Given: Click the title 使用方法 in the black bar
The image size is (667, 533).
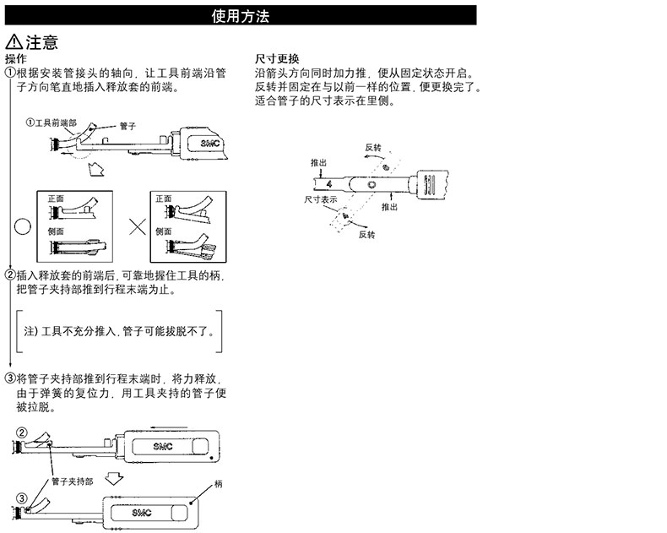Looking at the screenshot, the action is (x=241, y=16).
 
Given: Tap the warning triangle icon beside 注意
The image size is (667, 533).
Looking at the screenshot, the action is (x=14, y=41).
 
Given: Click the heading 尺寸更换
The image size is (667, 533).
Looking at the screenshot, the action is (x=277, y=59).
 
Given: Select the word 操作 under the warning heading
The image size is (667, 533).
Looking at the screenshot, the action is (x=16, y=59).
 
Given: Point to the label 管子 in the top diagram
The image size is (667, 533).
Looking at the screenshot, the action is (x=127, y=126).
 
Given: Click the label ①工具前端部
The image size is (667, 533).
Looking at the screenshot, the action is (x=52, y=123).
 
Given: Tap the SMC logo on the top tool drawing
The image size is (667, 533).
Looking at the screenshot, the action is (x=210, y=144).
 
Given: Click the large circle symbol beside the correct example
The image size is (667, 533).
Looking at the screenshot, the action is (x=23, y=226).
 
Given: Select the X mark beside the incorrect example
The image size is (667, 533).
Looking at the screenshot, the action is (x=138, y=226).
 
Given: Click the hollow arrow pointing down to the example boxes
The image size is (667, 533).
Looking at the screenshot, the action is (x=95, y=169).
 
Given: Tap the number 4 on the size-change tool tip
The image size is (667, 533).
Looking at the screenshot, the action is (x=328, y=184).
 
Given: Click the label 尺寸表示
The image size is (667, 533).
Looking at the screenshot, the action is (x=320, y=199).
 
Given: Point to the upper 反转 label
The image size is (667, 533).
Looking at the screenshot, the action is (x=373, y=148).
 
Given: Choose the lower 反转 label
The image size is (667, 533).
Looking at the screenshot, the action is (x=366, y=235).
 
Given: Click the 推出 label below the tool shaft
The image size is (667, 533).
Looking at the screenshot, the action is (x=389, y=207).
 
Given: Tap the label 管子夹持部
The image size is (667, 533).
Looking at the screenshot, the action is (x=73, y=481).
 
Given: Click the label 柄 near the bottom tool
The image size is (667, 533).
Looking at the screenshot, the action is (x=218, y=484).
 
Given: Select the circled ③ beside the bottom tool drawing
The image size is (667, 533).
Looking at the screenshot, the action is (x=22, y=498).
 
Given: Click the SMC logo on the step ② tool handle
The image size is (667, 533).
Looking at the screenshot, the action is (x=163, y=447).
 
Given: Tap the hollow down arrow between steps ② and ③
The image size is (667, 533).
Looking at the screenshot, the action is (x=114, y=478).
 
